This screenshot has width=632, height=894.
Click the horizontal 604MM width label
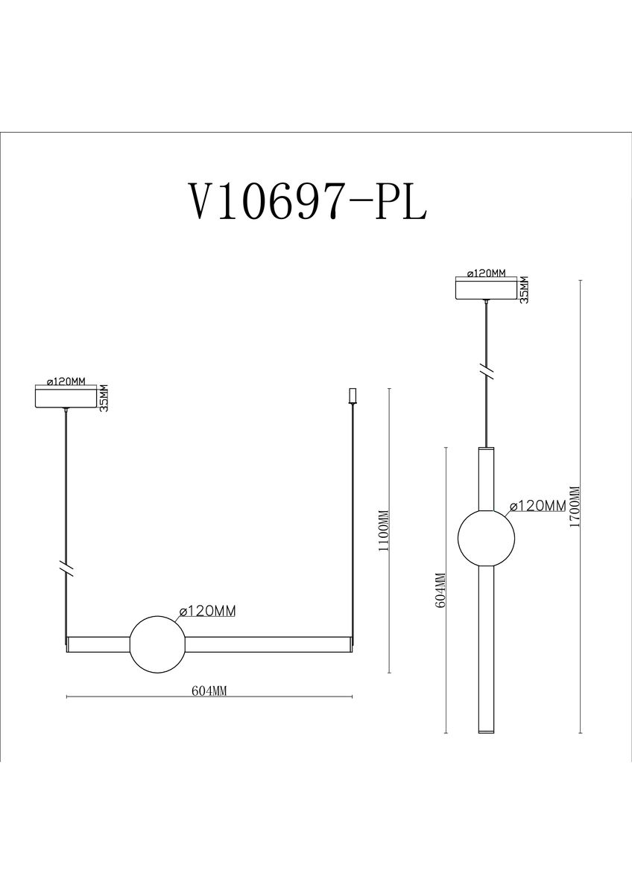point(209,691)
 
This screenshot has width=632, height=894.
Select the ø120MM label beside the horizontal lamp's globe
point(207,611)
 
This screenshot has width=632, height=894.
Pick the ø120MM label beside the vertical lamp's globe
point(536,506)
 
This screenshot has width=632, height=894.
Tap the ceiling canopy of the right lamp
point(486,289)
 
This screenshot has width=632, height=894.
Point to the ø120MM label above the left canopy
point(68,381)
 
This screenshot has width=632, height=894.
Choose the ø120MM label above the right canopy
point(486,273)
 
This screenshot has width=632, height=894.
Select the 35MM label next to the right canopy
point(524,290)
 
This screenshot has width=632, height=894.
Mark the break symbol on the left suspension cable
point(67,568)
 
